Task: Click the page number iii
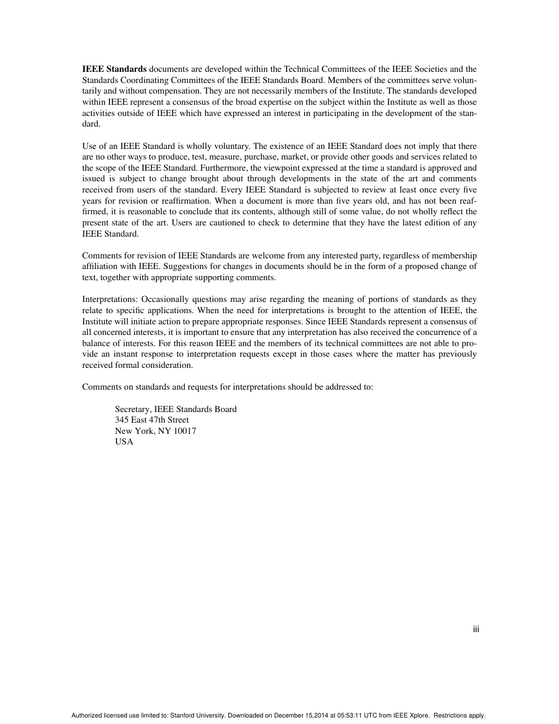tap(476, 630)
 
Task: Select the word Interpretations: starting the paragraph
tap(109, 300)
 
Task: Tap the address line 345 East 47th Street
tap(152, 420)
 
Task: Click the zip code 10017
tap(185, 431)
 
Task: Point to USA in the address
tap(124, 442)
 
